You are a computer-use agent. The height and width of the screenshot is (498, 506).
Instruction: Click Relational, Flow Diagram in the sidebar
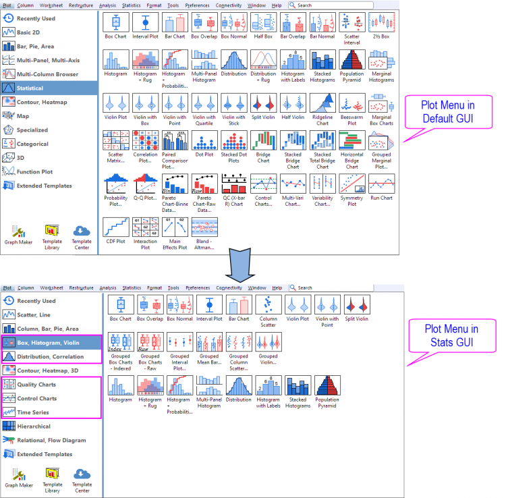pyautogui.click(x=51, y=440)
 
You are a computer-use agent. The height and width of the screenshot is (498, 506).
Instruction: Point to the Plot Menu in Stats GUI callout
pyautogui.click(x=451, y=335)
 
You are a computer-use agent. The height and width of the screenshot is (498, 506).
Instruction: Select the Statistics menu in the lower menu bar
pyautogui.click(x=132, y=287)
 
